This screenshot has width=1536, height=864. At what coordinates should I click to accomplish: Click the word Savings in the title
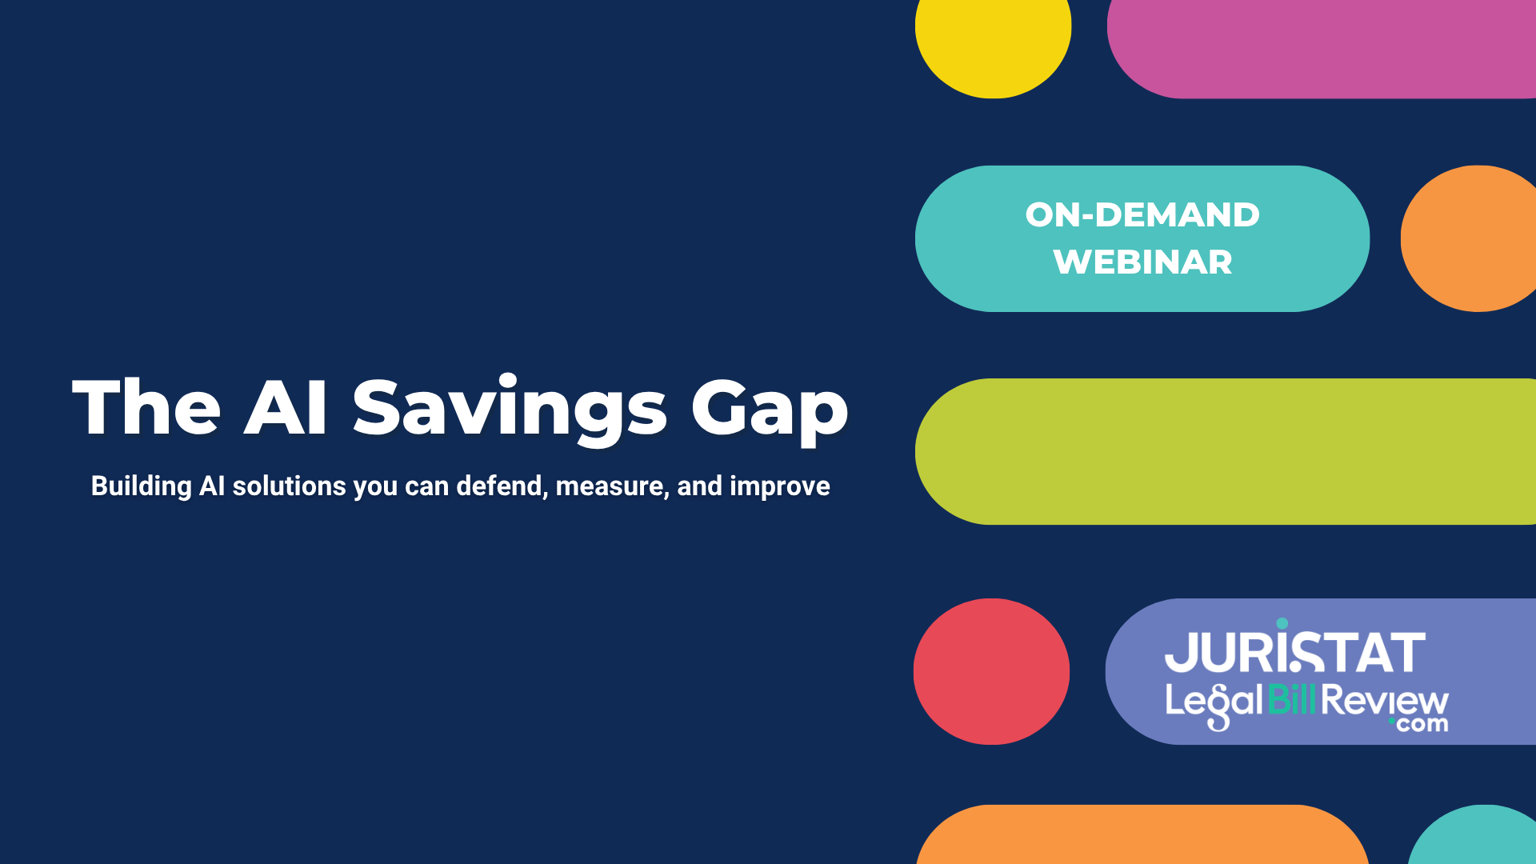[509, 409]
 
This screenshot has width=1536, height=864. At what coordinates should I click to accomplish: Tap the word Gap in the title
[769, 409]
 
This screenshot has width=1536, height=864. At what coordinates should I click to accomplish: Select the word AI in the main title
[286, 409]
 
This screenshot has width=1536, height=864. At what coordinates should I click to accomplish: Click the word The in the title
[146, 409]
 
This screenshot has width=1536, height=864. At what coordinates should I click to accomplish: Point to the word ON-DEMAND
[1142, 215]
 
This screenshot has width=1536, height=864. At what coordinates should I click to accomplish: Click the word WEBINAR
[1142, 262]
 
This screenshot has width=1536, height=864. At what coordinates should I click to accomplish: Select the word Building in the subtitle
[141, 486]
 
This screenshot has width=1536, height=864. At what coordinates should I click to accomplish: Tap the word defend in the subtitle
[501, 486]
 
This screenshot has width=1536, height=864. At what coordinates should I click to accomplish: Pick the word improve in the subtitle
[779, 486]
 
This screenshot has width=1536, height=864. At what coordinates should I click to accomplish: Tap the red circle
[991, 671]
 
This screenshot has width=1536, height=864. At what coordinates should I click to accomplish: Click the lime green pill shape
[1224, 451]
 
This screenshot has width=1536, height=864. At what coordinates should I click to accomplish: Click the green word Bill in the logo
[1291, 700]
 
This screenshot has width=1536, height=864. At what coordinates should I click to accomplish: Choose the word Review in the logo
[1384, 700]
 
